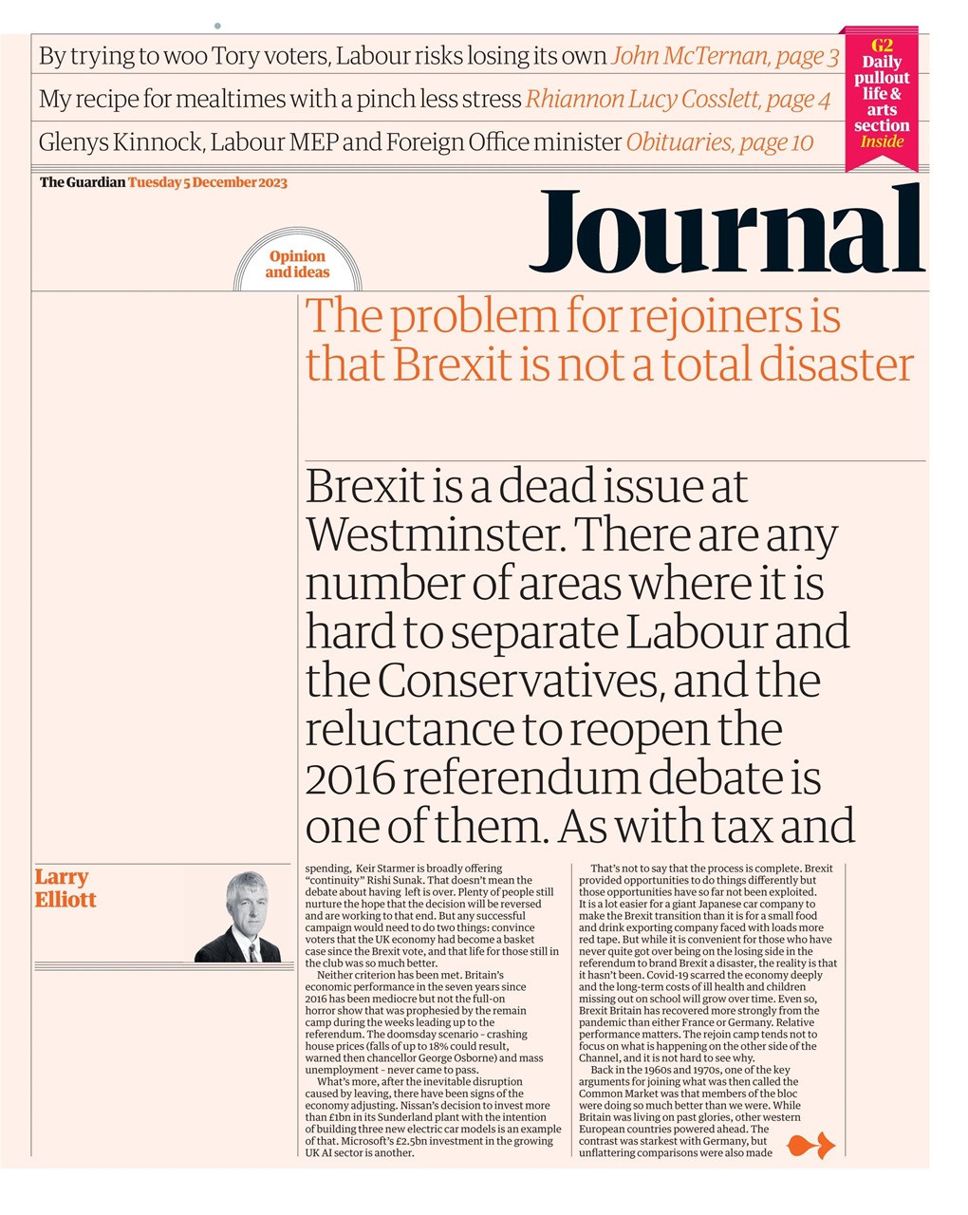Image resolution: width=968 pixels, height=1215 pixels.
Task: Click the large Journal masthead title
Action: [x=726, y=232]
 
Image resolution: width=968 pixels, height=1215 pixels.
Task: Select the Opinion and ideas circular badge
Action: [x=297, y=264]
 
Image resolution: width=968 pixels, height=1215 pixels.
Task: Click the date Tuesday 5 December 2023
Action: [x=207, y=182]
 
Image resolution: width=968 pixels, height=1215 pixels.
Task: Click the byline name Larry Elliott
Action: [x=65, y=888]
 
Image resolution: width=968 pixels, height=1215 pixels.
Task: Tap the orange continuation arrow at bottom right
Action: [x=811, y=1145]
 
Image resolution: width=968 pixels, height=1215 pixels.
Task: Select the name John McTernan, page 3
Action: [x=725, y=57]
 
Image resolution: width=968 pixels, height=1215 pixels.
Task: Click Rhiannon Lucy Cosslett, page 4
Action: [x=678, y=100]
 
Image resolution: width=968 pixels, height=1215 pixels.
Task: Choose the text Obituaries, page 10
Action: [x=719, y=142]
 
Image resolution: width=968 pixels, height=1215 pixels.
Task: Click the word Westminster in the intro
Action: [x=434, y=535]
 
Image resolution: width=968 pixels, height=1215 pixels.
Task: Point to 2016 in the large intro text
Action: [x=349, y=778]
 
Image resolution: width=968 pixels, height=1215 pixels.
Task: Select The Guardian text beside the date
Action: [x=82, y=182]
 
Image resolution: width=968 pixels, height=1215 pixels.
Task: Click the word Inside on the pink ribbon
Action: [x=881, y=142]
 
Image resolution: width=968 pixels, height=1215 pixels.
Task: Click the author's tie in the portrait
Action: [x=253, y=950]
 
